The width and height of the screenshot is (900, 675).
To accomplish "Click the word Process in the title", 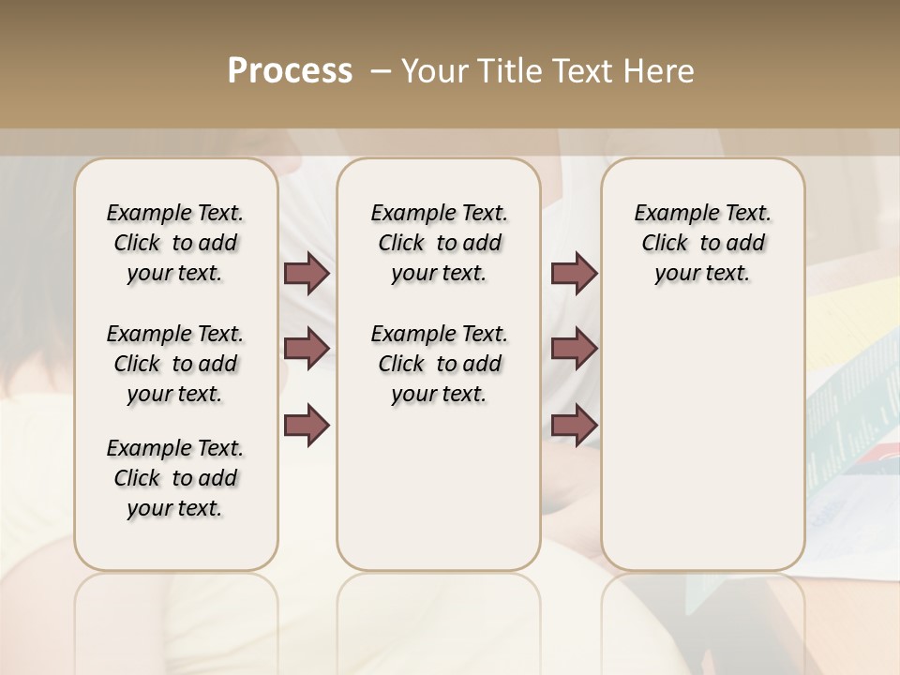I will coord(290,71).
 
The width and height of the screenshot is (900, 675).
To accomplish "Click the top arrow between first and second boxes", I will coord(307,274).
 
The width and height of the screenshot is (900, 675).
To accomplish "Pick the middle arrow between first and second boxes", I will coord(307,349).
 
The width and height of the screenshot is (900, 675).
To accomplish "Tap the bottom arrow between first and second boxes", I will coord(307,425).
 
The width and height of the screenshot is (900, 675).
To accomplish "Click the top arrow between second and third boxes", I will coord(574,274).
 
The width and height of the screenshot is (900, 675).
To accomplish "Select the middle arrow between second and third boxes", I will coord(574,349).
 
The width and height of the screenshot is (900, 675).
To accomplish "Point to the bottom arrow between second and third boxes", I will coord(574,425).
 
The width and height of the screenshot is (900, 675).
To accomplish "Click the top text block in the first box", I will coord(175,243).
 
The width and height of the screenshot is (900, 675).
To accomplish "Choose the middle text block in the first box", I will coord(175,364).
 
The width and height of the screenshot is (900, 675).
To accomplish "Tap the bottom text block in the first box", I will coord(175,478).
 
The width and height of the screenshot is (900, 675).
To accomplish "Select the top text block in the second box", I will coord(440,243).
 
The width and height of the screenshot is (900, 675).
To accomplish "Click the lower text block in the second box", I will coord(440,364).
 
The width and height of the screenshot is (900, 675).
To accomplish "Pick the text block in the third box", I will coord(703,243).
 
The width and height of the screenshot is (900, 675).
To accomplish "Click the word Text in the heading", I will coord(579,71).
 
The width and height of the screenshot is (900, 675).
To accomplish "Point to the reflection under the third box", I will coord(703,619).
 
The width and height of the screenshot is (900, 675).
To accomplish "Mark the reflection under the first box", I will coord(176,619).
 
